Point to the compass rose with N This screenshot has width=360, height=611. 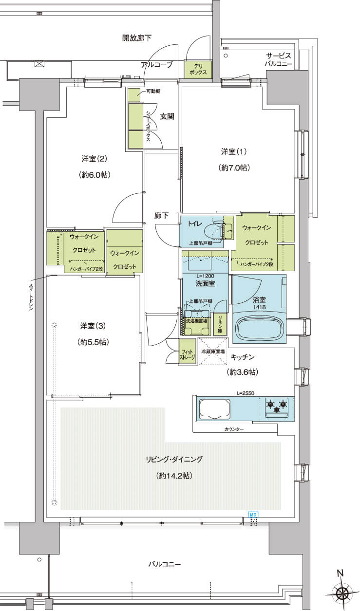click(x=342, y=590)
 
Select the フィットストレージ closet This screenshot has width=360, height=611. click(x=187, y=352)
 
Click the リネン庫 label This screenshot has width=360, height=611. click(x=220, y=325)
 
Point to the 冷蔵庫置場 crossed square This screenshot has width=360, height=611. click(x=213, y=352)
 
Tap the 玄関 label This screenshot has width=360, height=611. click(x=167, y=116)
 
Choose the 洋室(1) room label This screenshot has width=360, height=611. click(x=234, y=151)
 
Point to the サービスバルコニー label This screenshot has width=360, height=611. click(x=278, y=60)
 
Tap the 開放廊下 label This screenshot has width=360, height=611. click(x=137, y=38)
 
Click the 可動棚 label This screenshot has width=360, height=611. click(x=153, y=91)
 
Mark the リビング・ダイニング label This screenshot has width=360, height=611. click(x=174, y=459)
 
